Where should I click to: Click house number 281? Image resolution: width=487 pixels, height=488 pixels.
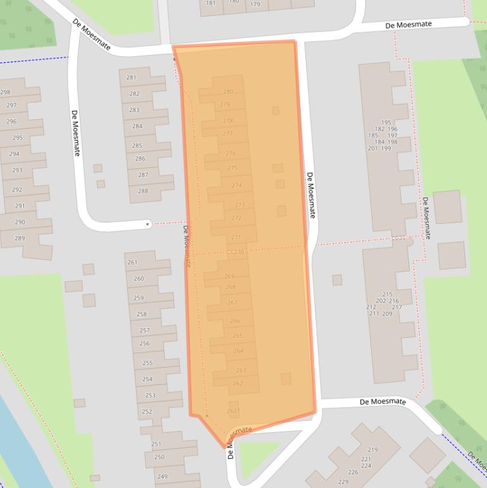coord(131,78)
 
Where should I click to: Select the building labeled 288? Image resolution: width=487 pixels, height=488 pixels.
coord(143,191)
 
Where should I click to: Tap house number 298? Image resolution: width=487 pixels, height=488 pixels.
coord(5,93)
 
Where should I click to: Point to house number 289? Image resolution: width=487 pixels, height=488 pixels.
coord(20,238)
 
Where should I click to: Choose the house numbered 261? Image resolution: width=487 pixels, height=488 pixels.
coord(132,262)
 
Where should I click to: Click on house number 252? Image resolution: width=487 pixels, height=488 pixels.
coord(147,412)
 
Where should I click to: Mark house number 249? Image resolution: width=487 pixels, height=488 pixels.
coord(162,477)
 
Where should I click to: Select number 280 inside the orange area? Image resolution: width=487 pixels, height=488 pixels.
coord(228,92)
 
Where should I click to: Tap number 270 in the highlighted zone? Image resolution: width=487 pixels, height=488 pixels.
coord(238,252)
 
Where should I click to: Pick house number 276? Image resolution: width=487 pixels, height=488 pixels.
coord(231,153)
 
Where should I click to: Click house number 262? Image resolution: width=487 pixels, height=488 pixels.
coord(238,383)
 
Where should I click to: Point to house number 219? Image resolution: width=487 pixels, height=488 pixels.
coord(372,450)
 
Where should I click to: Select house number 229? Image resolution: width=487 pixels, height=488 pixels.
coord(344,482)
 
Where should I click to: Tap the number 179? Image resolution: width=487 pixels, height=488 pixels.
coord(255,4)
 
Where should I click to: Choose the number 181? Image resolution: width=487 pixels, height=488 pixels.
coord(210,3)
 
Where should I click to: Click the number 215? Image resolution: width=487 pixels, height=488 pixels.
coord(388,294)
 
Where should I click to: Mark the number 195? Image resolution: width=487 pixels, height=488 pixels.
coord(386,122)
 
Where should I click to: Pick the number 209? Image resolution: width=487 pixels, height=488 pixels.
coord(387,314)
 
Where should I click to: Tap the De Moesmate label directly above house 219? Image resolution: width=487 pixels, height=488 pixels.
coord(383,402)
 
